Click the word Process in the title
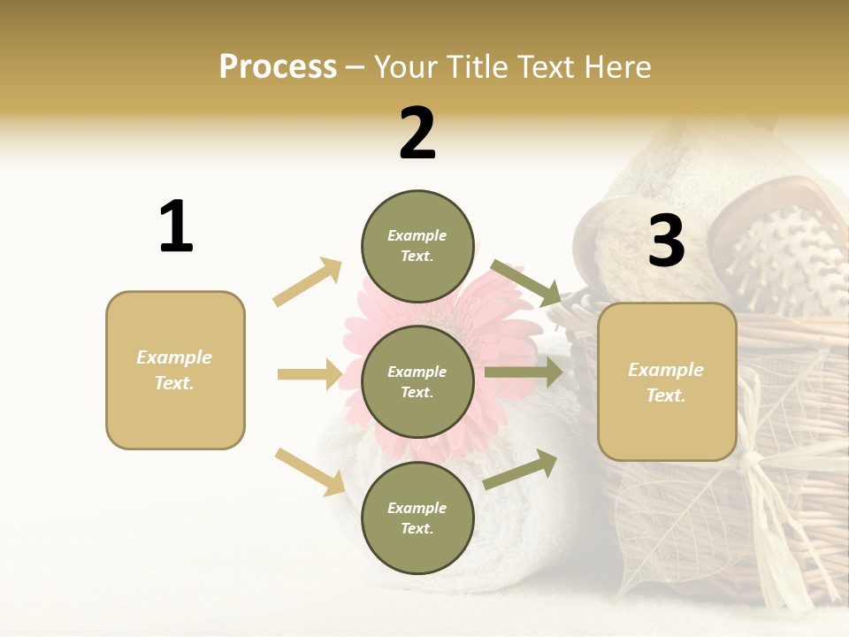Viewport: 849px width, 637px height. point(278,67)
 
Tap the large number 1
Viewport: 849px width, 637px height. point(176,226)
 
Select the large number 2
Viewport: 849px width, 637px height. point(417,133)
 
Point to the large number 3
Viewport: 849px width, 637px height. point(666,241)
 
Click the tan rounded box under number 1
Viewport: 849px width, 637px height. point(175,370)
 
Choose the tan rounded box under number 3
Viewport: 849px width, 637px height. point(667,381)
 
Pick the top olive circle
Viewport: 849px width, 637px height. point(417,246)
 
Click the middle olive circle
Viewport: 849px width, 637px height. point(417,381)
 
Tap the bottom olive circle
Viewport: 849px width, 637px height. point(417,518)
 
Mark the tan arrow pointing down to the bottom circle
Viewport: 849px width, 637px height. point(310,472)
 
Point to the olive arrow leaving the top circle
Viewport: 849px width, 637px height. point(525,282)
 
